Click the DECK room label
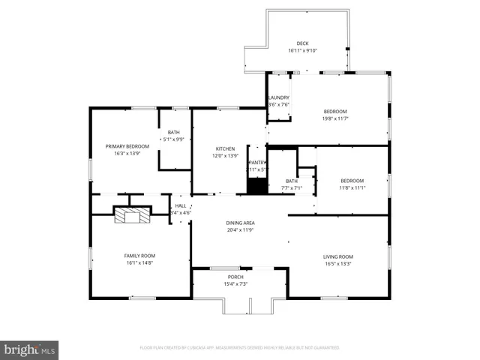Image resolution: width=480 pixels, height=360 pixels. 302,43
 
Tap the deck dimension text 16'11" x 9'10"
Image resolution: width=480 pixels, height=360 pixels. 302,51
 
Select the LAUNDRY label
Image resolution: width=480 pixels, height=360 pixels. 278,97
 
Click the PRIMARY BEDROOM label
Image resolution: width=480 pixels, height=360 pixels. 127,146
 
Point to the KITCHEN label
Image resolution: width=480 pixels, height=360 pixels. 226,148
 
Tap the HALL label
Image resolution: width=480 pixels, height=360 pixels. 181,205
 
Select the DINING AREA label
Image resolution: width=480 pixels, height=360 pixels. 241,223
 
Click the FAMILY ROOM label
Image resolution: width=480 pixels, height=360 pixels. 139,256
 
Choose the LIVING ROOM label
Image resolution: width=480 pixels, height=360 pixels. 338,256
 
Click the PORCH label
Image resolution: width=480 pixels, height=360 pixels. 236,277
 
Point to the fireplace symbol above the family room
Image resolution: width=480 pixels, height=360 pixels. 130,215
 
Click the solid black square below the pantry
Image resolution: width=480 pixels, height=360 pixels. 257,186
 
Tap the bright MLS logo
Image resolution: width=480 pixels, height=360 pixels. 29,349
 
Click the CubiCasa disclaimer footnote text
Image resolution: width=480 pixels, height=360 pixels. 239,348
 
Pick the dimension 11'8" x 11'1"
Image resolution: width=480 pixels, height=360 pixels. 352,187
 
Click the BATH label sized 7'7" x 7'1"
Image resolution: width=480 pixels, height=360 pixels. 292,181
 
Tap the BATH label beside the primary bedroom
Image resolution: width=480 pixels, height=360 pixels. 173,132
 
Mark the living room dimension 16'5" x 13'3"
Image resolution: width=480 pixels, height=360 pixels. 338,263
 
